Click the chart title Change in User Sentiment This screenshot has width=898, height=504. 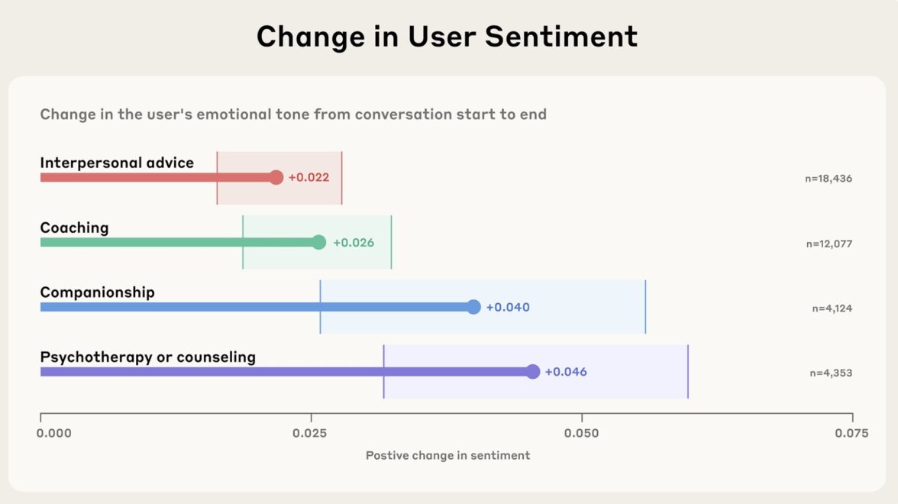click(x=447, y=37)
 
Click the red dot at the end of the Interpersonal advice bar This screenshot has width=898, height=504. click(x=276, y=178)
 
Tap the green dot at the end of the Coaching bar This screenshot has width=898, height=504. click(x=318, y=243)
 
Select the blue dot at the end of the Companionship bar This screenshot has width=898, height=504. click(x=473, y=307)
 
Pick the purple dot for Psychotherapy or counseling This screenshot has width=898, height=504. click(x=532, y=372)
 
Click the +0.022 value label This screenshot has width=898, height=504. click(x=308, y=178)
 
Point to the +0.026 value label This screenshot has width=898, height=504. click(x=353, y=243)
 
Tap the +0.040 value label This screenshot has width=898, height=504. click(x=508, y=308)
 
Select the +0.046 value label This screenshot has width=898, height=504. click(x=566, y=373)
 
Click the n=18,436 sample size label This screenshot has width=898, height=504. click(x=828, y=179)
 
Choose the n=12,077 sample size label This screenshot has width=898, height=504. click(x=829, y=244)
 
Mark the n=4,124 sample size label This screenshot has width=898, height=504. click(x=832, y=309)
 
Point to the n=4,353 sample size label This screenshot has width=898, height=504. click(x=831, y=373)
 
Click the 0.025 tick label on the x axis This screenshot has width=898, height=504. click(x=310, y=434)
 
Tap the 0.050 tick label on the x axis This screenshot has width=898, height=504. click(x=581, y=434)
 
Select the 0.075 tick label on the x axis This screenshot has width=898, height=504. click(x=851, y=434)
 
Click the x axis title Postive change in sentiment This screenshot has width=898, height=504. click(x=447, y=456)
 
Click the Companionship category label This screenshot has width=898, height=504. click(x=97, y=292)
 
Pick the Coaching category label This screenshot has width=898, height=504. click(x=74, y=228)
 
